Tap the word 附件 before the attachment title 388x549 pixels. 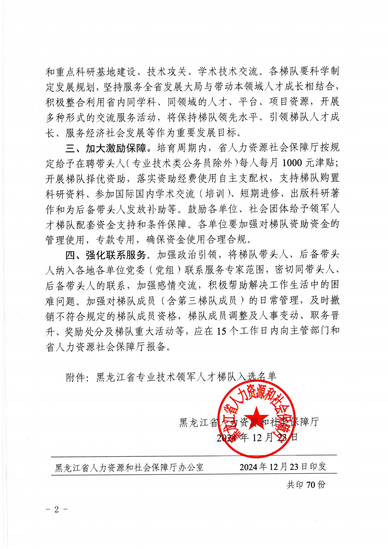click(x=75, y=377)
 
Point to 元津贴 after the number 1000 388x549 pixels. click(x=324, y=163)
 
